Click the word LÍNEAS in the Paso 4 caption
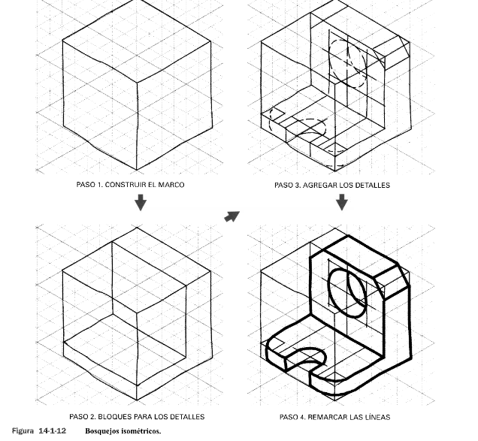[378, 417]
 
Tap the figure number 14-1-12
[53, 431]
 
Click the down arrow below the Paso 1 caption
[141, 202]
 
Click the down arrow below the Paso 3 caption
[342, 202]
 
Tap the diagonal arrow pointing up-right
[232, 216]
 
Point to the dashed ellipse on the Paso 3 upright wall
[330, 61]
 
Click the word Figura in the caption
[23, 431]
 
